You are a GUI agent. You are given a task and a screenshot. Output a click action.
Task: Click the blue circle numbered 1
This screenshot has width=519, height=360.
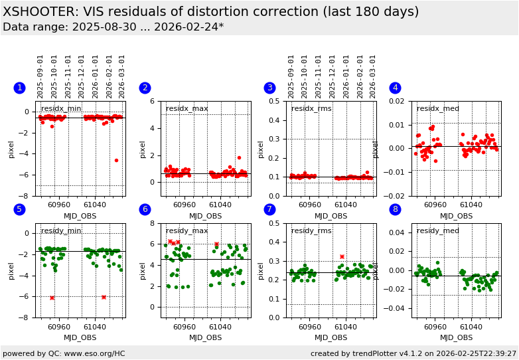(19, 88)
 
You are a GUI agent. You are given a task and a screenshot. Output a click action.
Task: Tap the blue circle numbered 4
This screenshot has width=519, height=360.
(395, 88)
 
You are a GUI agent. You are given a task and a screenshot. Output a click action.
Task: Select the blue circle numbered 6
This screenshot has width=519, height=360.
(145, 210)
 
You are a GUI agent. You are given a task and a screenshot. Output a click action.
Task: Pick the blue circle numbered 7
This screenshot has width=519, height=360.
(269, 210)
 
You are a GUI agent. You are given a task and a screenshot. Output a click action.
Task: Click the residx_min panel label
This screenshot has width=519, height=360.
(61, 109)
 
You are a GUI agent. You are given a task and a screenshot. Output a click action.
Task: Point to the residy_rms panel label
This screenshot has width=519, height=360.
(312, 231)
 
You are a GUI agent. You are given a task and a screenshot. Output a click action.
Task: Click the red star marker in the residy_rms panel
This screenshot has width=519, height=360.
(342, 256)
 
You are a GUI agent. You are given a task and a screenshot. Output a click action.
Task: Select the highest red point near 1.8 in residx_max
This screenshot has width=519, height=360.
(239, 157)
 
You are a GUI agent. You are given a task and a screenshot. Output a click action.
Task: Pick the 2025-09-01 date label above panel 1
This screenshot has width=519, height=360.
(41, 76)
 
